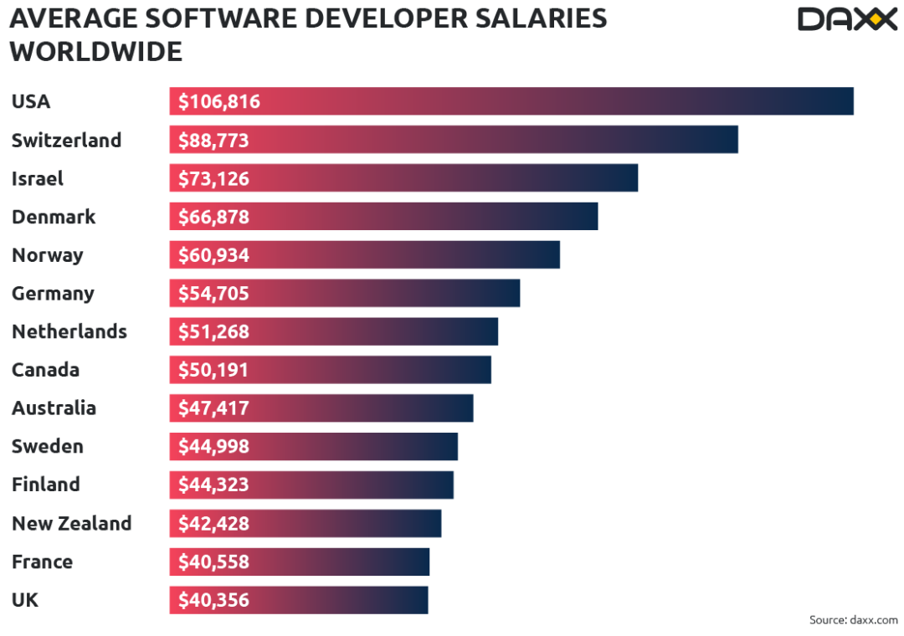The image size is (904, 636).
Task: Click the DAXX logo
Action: point(846,18)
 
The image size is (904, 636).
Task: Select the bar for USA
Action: point(511,101)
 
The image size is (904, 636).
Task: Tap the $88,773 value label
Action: point(213,140)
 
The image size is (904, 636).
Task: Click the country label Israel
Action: point(37,178)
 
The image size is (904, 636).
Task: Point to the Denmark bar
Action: point(383,217)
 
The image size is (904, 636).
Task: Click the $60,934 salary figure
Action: point(213,255)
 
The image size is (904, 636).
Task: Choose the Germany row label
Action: point(53,294)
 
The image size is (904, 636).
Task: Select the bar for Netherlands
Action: point(333,332)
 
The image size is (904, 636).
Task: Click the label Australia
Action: point(54,408)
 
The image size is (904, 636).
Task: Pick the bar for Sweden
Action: point(313,447)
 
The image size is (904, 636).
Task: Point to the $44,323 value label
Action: point(213,485)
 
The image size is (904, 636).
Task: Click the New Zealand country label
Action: point(71,524)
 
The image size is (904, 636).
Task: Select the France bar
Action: point(299,562)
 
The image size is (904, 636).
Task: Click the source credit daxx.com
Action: point(853,620)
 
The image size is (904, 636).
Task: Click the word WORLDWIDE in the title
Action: point(95,52)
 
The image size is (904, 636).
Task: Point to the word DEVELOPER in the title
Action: point(394,18)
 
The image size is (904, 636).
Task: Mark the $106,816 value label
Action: point(219,102)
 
